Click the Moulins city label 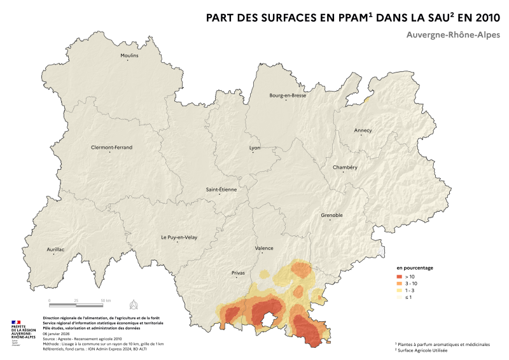point(129,55)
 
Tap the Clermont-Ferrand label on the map point(111,147)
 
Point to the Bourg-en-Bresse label point(288,95)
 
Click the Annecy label point(363,130)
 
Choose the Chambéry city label point(345,167)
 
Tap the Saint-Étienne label point(220,190)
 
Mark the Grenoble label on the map point(331,215)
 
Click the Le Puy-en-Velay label point(179,237)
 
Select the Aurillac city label point(56,249)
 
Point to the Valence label point(263,248)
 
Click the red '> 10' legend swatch point(400,277)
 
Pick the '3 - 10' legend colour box point(400,283)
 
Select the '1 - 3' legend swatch point(400,290)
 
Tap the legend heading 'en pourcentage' point(415,268)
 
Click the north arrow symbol point(133,302)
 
